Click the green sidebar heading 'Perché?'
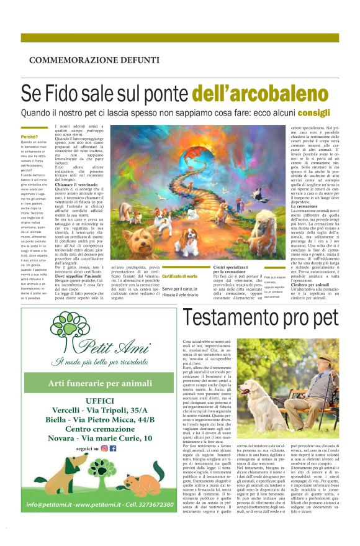tap(29, 136)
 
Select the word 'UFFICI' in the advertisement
tap(91, 400)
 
